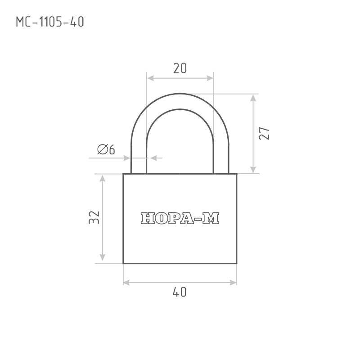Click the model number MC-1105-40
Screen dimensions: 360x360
(x=50, y=22)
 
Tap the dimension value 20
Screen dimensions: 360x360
(x=180, y=68)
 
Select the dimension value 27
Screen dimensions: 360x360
(x=264, y=133)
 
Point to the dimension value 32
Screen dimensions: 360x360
(x=94, y=217)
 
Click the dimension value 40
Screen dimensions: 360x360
(x=180, y=292)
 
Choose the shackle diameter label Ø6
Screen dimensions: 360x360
(x=106, y=149)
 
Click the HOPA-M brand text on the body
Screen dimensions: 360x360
(x=180, y=218)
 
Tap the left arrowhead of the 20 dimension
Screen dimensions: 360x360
(x=150, y=78)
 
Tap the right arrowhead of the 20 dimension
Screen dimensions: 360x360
(x=210, y=78)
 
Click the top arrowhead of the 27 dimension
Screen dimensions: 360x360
(x=253, y=98)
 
